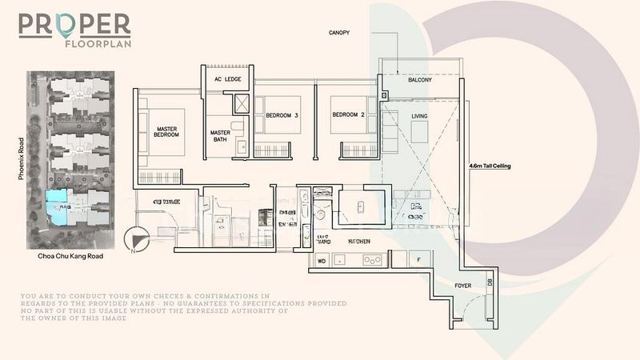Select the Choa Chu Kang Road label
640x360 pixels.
click(x=70, y=258)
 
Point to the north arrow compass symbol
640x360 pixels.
click(x=137, y=240)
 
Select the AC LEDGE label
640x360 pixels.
click(x=228, y=78)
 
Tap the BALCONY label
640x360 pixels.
click(x=420, y=81)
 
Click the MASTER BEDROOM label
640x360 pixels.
click(x=167, y=132)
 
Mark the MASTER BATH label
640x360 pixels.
click(x=220, y=137)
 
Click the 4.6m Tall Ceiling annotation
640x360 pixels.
click(x=490, y=166)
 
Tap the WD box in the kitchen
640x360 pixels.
click(x=322, y=260)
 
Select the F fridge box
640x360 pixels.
click(x=419, y=260)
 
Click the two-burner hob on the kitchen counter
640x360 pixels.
click(x=372, y=260)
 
